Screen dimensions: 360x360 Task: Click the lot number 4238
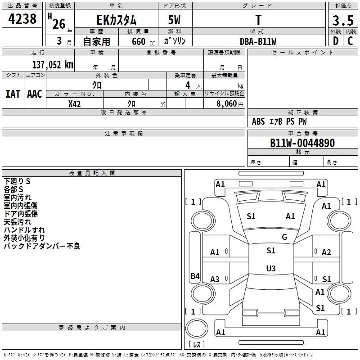(22, 19)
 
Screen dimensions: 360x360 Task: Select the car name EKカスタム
(117, 20)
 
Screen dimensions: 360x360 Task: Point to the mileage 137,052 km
(53, 65)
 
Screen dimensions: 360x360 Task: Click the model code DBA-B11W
(258, 41)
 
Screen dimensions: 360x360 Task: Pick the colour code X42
(75, 103)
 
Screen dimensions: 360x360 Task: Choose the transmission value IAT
(13, 94)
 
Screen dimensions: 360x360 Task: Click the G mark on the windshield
(284, 237)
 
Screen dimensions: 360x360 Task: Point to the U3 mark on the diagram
(270, 269)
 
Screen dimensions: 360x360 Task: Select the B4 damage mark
(195, 276)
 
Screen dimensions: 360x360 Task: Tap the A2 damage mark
(326, 252)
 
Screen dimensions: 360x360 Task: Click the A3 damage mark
(215, 279)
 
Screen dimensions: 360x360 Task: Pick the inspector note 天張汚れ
(18, 222)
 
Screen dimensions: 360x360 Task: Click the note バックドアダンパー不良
(42, 246)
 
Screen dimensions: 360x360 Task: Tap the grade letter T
(258, 20)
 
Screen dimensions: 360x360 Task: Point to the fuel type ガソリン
(175, 41)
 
